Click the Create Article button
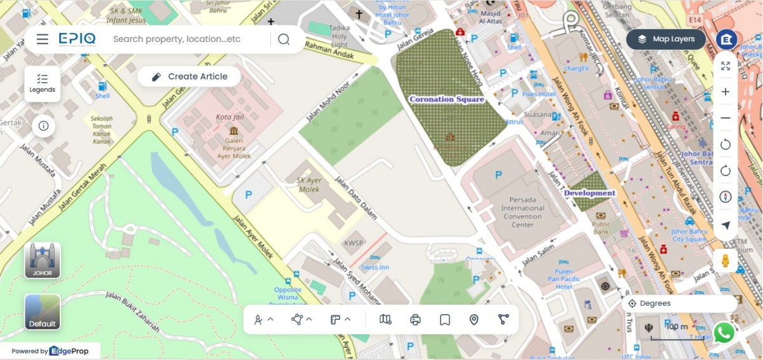pos(189,76)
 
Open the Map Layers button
pos(666,39)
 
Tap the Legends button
pos(43,83)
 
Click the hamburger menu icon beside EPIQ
pos(43,39)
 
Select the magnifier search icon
pos(284,39)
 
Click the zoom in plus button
pos(725,92)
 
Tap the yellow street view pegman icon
pos(725,260)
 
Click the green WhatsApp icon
pos(724,332)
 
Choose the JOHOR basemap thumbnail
pos(43,260)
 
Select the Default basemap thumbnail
pos(43,312)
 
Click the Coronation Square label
pos(446,99)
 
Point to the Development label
pos(589,193)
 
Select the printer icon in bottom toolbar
pos(416,319)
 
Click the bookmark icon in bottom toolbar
pos(445,319)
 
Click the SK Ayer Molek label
pos(308,184)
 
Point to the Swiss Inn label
pos(375,267)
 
